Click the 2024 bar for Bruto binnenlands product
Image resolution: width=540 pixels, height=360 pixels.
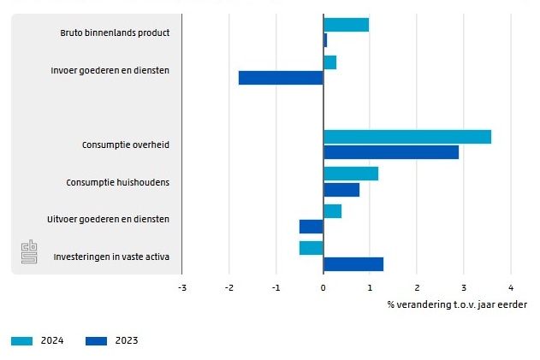point(346,25)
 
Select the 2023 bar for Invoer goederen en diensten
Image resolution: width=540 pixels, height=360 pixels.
point(281,78)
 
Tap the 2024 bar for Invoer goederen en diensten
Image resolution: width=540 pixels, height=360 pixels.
point(329,62)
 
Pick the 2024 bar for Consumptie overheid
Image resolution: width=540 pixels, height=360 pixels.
point(406,137)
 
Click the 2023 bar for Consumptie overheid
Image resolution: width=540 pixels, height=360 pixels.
point(390,152)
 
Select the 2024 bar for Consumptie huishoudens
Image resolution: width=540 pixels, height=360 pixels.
point(350,174)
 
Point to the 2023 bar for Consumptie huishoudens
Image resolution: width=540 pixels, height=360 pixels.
point(341,190)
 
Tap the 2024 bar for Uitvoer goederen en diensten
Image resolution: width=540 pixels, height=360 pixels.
point(332,211)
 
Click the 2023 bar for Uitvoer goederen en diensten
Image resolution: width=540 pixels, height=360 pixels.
point(311,227)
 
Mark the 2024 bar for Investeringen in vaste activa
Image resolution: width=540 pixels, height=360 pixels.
point(311,248)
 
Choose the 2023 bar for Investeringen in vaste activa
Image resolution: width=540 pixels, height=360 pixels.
point(353,264)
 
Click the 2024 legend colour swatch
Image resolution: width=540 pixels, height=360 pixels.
point(21,341)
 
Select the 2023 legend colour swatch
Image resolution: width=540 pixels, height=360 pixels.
point(97,341)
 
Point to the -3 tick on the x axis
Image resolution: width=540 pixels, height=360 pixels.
point(181,288)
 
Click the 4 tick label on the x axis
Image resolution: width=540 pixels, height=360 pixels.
point(510,288)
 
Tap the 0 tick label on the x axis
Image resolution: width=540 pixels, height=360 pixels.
point(323,288)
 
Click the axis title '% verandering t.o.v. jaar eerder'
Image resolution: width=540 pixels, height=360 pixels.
point(457,304)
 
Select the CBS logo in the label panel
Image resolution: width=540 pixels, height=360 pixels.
point(30,253)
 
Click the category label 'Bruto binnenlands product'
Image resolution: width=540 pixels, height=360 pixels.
point(115,32)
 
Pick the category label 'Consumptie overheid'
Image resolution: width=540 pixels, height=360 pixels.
point(125,145)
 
